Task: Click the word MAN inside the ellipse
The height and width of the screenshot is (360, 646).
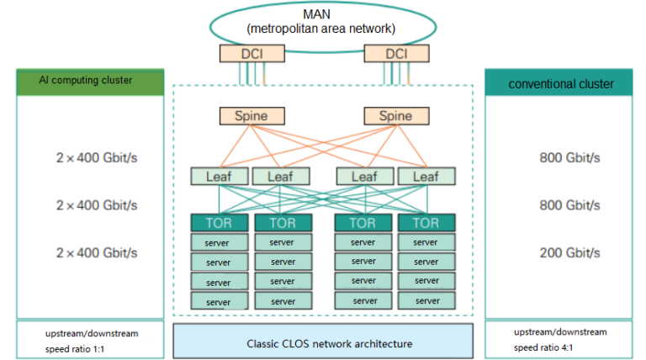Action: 323,14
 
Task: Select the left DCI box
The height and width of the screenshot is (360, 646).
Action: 252,53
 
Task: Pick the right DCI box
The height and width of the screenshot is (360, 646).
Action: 396,53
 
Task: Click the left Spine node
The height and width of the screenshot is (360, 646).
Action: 252,115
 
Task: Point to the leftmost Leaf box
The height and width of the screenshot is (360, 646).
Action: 218,177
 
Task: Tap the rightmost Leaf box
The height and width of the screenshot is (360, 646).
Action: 426,177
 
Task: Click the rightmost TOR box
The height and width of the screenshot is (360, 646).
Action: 426,223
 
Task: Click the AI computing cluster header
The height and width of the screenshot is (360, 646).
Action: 90,82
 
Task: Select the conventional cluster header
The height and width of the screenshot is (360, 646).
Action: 561,83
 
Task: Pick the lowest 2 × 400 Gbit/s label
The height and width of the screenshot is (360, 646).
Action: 96,252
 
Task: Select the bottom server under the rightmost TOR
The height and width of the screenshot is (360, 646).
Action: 426,301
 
